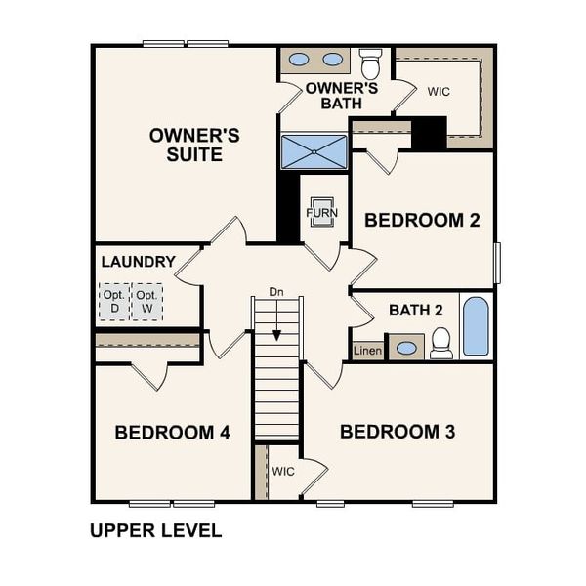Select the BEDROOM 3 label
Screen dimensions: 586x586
point(398,431)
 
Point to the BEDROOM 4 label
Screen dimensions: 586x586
point(172,432)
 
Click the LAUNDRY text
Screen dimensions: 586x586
point(138,262)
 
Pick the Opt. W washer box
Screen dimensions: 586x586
point(147,302)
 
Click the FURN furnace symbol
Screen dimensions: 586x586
point(320,212)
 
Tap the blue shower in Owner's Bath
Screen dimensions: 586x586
point(314,151)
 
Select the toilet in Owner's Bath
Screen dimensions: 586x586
point(370,63)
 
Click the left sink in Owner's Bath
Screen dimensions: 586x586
point(299,60)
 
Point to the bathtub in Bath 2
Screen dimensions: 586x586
point(476,326)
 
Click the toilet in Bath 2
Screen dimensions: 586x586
point(441,342)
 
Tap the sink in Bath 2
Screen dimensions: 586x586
point(406,347)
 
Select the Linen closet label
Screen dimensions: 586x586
point(367,350)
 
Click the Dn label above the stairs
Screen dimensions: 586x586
point(276,292)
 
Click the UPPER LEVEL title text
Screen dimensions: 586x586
point(155,531)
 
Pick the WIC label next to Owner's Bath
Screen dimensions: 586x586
point(439,91)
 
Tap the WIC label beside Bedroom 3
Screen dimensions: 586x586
point(283,471)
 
